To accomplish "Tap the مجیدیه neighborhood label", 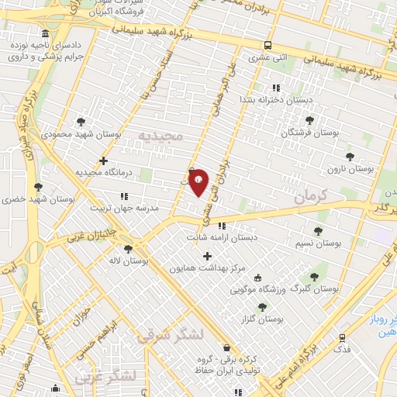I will (x=159, y=136).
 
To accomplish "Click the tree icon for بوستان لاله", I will (x=126, y=250).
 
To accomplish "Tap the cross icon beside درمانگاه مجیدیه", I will (x=103, y=161).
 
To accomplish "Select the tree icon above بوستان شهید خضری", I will (x=38, y=187).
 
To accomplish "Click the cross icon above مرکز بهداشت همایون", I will (x=207, y=256).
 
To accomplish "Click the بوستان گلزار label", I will (x=263, y=319).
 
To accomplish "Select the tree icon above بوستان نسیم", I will (x=318, y=230).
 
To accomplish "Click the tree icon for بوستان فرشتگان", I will (x=309, y=120).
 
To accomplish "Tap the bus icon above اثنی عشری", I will (x=268, y=45).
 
